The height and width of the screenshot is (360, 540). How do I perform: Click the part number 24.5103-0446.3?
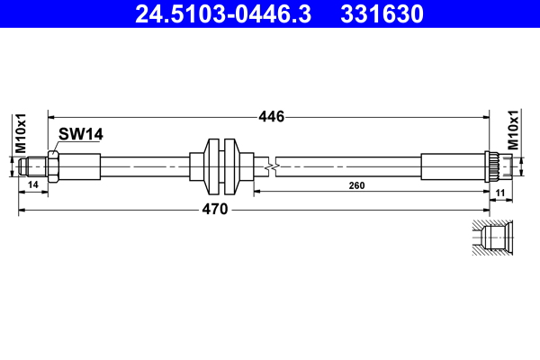click(x=224, y=14)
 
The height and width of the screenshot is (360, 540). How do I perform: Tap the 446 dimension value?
click(x=271, y=116)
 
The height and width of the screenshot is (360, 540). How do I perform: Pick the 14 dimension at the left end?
click(x=33, y=185)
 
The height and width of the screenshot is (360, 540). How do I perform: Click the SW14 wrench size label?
click(x=81, y=134)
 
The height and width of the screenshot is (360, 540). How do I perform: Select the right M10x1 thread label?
click(x=514, y=130)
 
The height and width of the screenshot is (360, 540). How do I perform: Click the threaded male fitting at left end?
click(x=33, y=166)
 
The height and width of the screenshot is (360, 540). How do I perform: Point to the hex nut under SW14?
click(x=54, y=166)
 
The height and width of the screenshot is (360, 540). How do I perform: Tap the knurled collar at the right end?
click(x=492, y=166)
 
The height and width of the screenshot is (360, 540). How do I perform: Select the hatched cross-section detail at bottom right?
click(x=492, y=238)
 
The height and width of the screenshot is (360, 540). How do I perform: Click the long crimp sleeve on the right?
click(x=452, y=166)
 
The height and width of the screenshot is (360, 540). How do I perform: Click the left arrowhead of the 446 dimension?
click(x=51, y=116)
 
